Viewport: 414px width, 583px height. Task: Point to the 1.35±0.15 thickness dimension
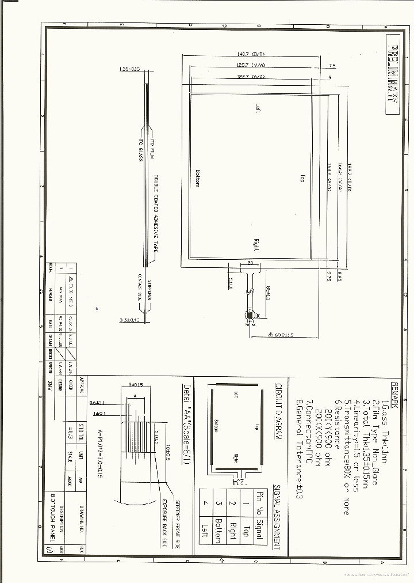pyautogui.click(x=129, y=69)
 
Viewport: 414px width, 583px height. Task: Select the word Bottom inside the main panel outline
pyautogui.click(x=197, y=178)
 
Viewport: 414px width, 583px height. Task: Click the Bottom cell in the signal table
pyautogui.click(x=218, y=530)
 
